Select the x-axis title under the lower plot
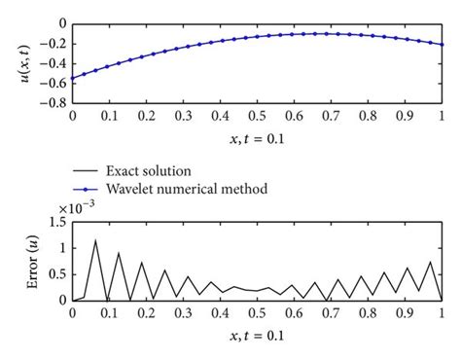pos(257,336)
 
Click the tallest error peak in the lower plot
pos(95,240)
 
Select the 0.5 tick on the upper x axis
pos(257,114)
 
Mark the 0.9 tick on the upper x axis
pos(405,114)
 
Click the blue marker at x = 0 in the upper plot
pos(72,78)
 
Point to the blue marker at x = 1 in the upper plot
pos(442,45)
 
